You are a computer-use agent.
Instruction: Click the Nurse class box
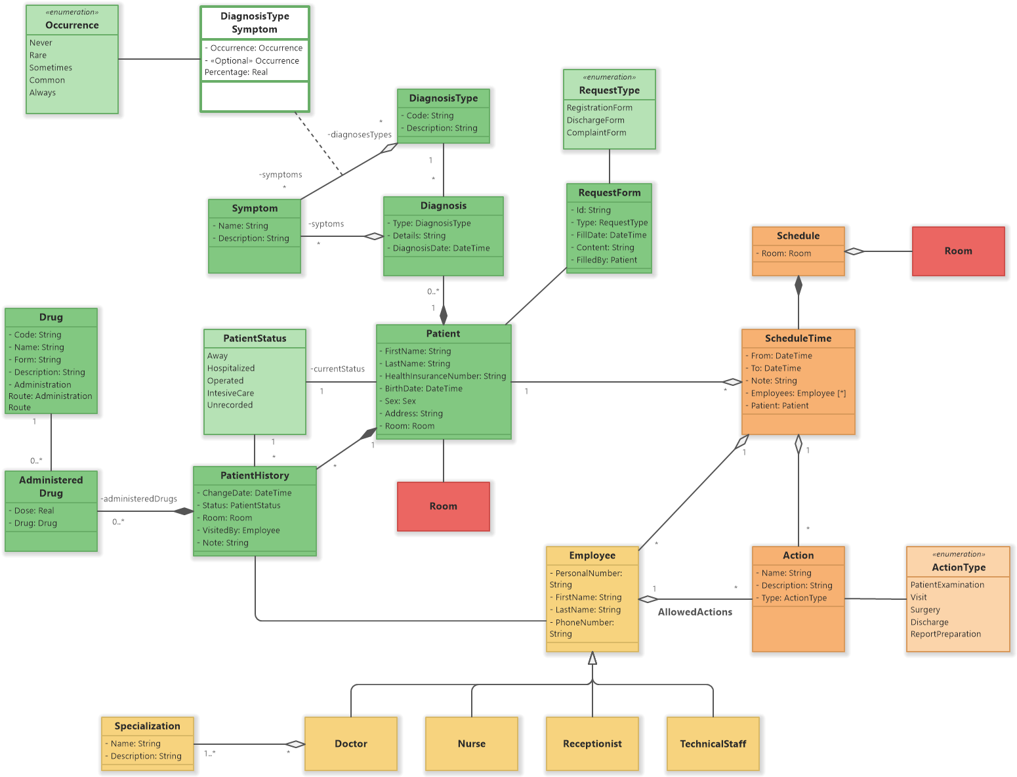coord(471,744)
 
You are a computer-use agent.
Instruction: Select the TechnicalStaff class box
coord(713,744)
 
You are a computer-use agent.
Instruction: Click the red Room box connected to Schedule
coord(958,251)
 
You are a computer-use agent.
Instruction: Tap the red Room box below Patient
coord(443,506)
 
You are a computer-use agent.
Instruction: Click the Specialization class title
coord(147,726)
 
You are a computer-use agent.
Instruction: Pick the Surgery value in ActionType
coord(925,610)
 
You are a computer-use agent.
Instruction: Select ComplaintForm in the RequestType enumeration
coord(596,133)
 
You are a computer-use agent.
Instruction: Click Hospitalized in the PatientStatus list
coord(231,368)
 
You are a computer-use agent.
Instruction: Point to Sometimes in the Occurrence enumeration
coord(51,68)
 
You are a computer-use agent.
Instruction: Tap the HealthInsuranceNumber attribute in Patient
coord(445,376)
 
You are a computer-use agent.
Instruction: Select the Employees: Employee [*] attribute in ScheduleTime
coord(798,393)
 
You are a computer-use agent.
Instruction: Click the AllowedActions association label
coord(695,612)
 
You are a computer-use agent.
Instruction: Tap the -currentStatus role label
coord(338,369)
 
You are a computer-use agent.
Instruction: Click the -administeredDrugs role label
coord(139,499)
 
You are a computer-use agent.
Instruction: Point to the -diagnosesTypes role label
coord(360,135)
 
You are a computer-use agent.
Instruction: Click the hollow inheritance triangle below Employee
coord(592,658)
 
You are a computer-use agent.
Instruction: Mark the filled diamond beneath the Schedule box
coord(799,285)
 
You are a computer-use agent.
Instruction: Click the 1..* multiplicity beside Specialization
coord(210,753)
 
